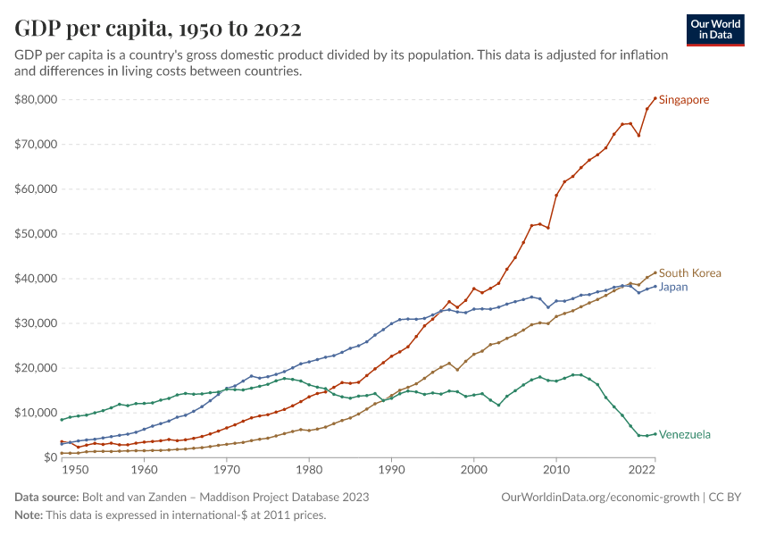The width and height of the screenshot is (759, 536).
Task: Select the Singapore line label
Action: (684, 100)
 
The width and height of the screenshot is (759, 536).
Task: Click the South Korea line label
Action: (689, 273)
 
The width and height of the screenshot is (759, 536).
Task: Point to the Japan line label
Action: (672, 288)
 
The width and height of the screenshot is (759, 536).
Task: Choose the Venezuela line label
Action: (685, 435)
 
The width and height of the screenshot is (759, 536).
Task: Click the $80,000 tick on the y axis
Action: (36, 99)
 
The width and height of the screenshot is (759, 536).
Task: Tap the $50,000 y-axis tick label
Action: (36, 234)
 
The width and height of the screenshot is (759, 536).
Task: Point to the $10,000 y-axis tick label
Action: (36, 413)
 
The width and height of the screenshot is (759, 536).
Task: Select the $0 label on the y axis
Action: (49, 457)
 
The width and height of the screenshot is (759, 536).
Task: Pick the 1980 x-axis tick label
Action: (308, 469)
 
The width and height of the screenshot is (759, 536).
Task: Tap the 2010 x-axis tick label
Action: (556, 469)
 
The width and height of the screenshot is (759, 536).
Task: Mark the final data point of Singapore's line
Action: (655, 98)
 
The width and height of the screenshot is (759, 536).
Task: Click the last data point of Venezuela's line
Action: (655, 434)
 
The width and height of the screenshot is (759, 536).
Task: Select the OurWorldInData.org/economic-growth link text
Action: (601, 497)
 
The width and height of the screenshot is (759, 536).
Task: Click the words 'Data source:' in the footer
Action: (46, 497)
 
